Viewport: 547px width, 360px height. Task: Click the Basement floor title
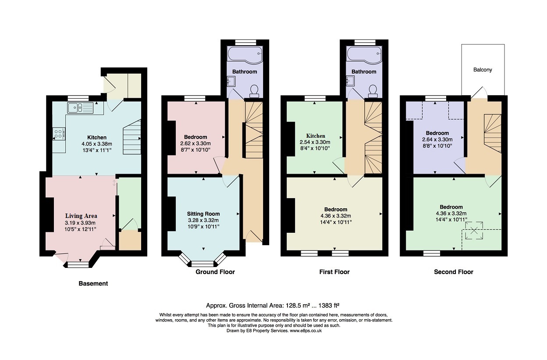[93, 284]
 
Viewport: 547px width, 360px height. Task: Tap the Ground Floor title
[215, 272]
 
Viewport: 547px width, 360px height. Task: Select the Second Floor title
[453, 272]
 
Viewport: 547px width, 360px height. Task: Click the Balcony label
[482, 70]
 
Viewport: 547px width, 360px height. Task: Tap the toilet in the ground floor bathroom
[253, 90]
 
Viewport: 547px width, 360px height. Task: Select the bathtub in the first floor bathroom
[364, 54]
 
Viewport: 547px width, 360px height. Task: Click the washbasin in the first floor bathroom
[351, 81]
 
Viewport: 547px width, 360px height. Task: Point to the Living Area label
[81, 216]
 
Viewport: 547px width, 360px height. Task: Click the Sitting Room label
[203, 214]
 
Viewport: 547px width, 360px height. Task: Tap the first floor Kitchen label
[316, 136]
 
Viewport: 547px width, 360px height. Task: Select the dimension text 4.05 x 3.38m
[96, 144]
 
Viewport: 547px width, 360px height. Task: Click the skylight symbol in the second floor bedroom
[473, 231]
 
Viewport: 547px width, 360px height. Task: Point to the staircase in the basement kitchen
[131, 137]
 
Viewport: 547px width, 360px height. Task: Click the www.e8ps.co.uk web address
[306, 331]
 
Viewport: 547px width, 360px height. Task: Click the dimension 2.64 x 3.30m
[437, 139]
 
